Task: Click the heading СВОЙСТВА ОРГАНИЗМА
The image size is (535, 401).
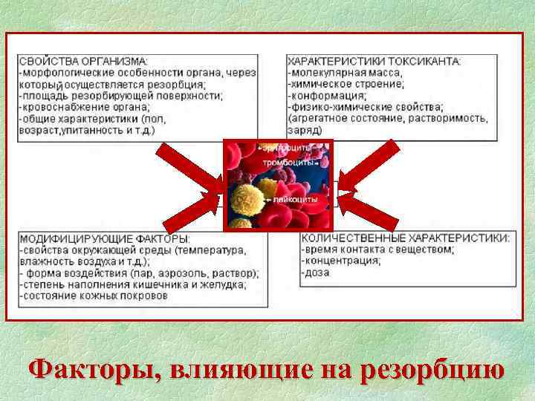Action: pos(83,61)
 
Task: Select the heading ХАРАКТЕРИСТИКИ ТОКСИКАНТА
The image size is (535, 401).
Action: pos(374,61)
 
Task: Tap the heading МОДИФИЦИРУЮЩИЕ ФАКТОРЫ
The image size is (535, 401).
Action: pos(104,239)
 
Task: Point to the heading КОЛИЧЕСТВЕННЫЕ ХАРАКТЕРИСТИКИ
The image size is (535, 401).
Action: pos(406,239)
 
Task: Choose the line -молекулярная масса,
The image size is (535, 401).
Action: pos(345,73)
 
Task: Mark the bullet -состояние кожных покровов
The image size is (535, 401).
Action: pos(93,296)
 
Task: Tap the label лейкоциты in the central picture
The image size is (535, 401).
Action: pos(296,199)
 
